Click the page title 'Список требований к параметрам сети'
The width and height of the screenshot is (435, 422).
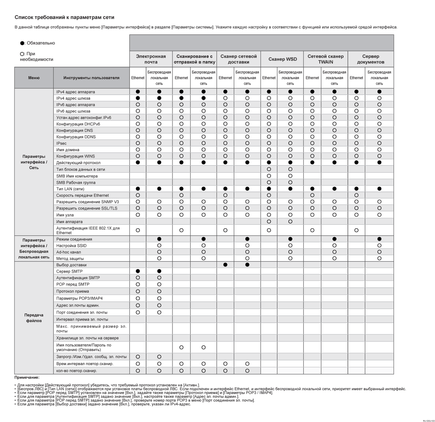pos(64,17)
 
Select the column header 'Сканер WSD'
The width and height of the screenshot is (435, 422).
pos(283,59)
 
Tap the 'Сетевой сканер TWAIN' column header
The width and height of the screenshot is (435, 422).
pos(325,59)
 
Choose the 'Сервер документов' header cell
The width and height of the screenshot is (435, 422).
pos(370,59)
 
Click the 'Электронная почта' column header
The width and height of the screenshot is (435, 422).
pos(151,59)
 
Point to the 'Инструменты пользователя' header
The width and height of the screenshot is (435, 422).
pos(91,78)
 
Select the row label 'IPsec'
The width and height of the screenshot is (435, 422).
pos(62,143)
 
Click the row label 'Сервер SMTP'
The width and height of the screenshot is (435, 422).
pos(69,271)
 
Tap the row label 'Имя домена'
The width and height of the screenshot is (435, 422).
pos(68,150)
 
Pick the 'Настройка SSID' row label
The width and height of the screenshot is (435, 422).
pos(71,246)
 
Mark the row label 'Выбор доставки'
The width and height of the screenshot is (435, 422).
pos(71,265)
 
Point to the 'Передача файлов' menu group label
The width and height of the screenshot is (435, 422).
pos(34,318)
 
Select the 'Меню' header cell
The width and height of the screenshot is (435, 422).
pos(34,78)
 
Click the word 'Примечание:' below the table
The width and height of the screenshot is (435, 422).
pos(27,377)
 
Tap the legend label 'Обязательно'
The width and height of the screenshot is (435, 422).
pos(41,43)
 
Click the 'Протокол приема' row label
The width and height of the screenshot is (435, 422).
pos(72,292)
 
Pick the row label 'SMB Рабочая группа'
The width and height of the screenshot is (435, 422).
pos(76,183)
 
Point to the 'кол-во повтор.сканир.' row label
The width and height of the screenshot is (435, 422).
pos(76,371)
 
